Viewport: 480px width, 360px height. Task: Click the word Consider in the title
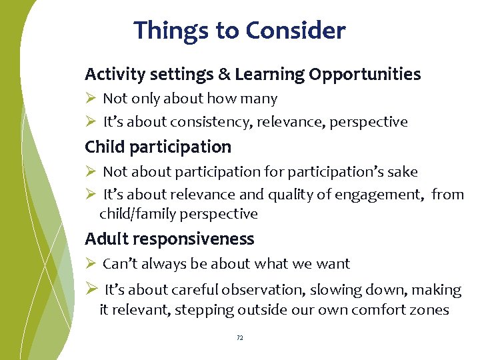(295, 31)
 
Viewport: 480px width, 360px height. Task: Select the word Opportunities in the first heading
(365, 75)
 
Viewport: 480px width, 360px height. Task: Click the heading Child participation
(158, 147)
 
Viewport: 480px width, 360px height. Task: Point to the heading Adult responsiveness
(169, 239)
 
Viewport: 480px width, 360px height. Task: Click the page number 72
(240, 338)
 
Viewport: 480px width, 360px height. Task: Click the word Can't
(118, 264)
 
